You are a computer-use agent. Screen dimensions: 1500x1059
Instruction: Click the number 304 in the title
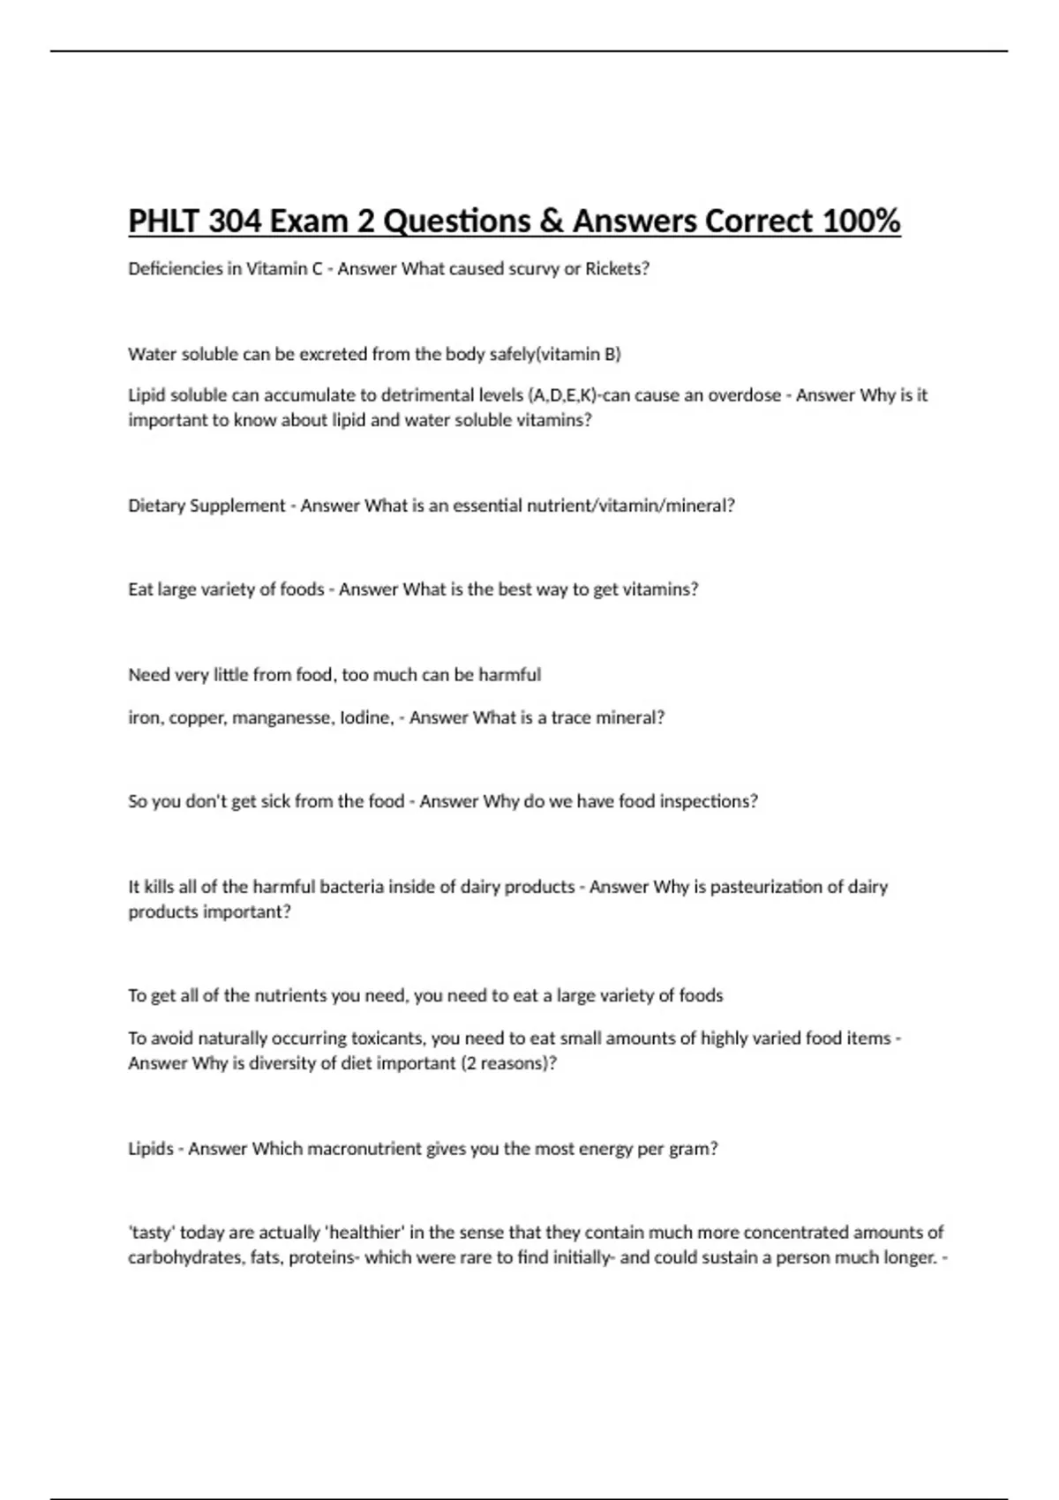point(235,221)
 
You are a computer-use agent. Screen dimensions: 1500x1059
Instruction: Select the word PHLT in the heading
point(164,221)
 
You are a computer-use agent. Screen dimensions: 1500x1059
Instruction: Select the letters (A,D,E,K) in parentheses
point(562,395)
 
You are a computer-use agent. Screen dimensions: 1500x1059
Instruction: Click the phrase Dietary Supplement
point(207,506)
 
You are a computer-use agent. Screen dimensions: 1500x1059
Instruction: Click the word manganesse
point(288,718)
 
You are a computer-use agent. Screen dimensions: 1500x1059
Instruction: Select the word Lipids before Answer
point(151,1149)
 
